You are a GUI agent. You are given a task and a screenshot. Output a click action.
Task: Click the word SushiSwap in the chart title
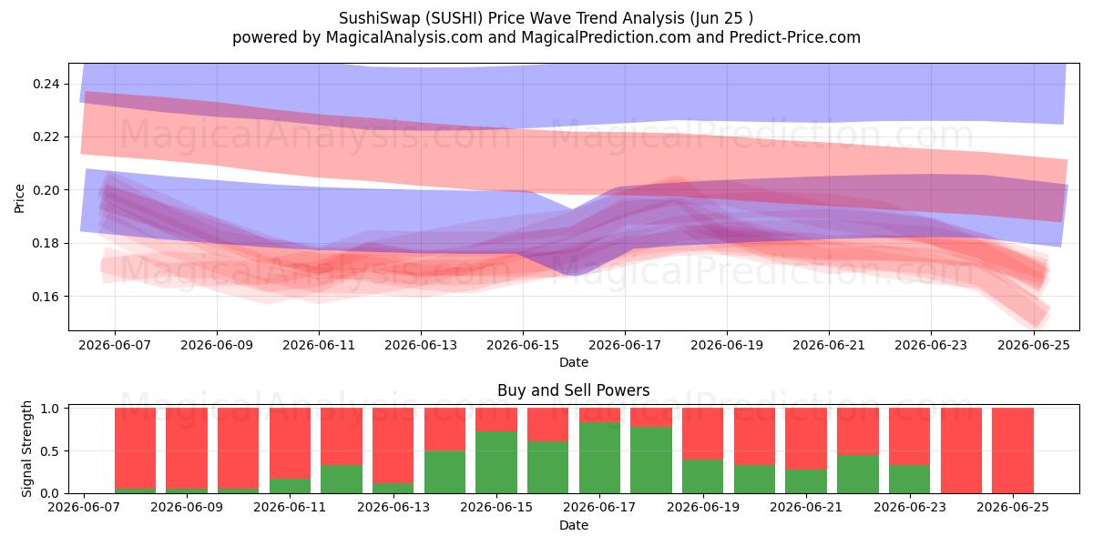(379, 18)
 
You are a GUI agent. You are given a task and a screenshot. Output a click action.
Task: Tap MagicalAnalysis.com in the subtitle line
(404, 37)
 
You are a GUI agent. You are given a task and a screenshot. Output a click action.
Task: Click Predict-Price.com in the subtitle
(795, 37)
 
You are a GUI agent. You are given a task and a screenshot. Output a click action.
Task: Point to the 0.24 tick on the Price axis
(46, 85)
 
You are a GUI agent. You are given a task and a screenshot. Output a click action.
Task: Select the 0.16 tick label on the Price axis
(46, 297)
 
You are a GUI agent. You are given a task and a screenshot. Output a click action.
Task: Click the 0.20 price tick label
(46, 190)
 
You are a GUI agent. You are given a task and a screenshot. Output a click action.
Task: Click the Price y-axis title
(19, 199)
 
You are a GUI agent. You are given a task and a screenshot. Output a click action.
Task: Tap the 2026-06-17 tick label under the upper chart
(625, 346)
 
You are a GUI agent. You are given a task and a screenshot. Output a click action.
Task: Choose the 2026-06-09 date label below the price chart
(217, 346)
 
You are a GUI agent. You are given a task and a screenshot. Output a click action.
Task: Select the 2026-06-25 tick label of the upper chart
(1034, 346)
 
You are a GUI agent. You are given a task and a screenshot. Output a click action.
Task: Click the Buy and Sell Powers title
(573, 390)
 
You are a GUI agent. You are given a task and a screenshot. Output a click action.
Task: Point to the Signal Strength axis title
(26, 449)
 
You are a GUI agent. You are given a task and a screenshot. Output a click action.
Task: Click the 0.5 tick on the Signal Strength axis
(50, 451)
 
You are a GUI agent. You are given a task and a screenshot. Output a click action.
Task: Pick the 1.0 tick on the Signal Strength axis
(50, 409)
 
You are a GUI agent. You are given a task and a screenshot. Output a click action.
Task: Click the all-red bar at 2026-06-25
(1013, 451)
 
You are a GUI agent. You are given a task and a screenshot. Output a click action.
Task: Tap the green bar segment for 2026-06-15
(496, 462)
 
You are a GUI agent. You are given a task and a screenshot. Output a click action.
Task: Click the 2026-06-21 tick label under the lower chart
(806, 508)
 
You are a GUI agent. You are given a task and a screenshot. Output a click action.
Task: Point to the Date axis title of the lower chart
(573, 526)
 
